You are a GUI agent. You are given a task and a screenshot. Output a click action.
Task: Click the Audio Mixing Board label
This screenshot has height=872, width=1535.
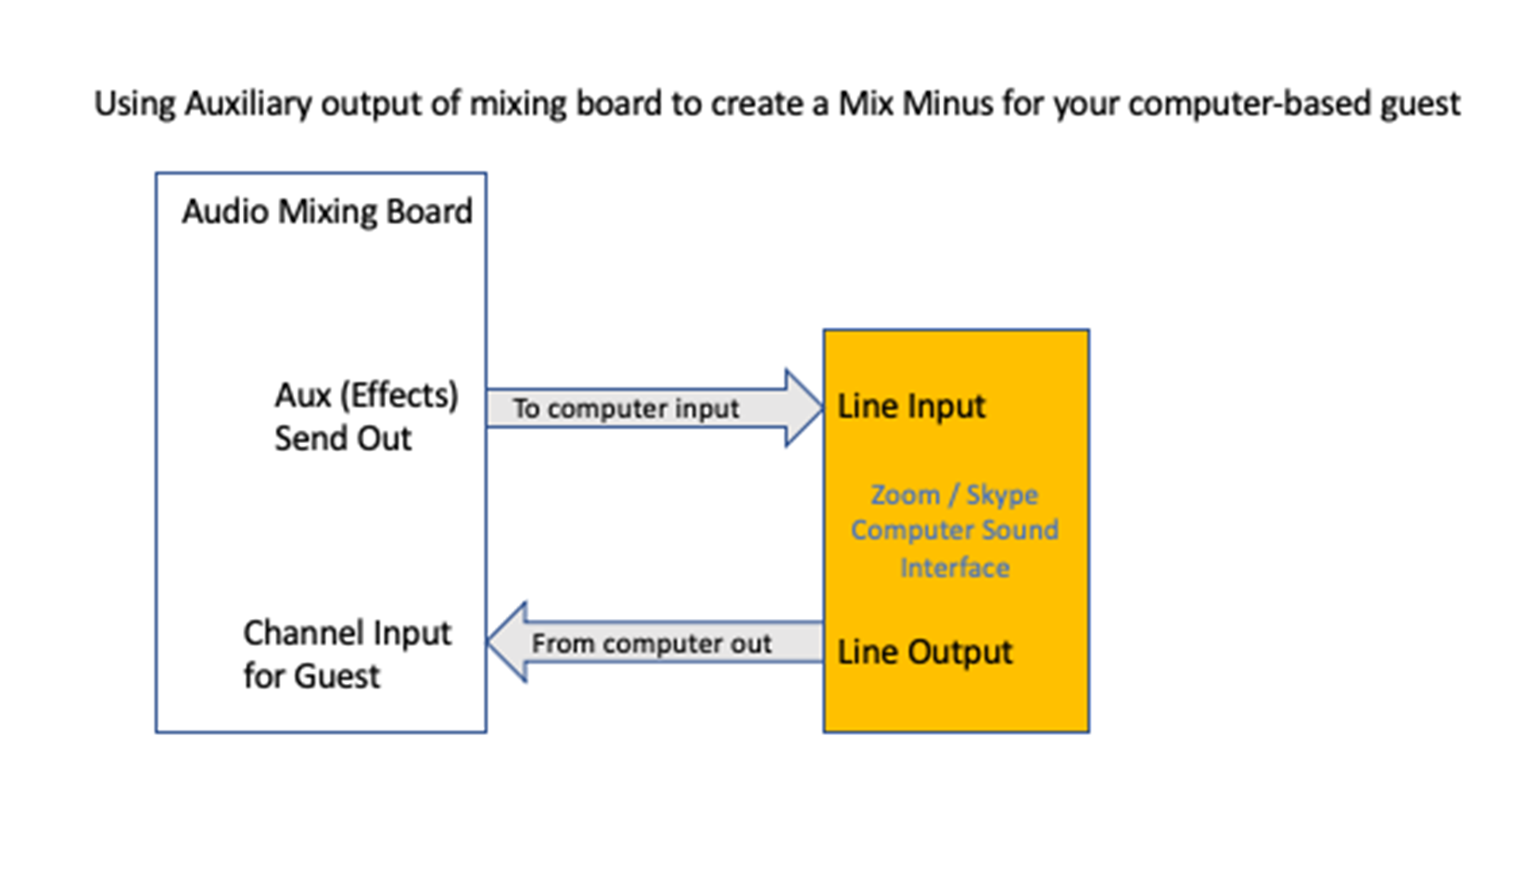coord(326,212)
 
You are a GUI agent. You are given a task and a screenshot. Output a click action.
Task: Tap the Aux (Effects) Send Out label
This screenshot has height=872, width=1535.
coord(365,416)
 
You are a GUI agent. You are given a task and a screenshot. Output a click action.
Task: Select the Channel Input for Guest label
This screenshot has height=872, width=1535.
coord(347,654)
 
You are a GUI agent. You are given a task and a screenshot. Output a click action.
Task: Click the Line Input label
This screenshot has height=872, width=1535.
coord(911,406)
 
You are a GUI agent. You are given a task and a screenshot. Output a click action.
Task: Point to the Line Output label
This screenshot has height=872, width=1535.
coord(924,651)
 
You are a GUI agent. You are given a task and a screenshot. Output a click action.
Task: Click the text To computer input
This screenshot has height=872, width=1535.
coord(626,409)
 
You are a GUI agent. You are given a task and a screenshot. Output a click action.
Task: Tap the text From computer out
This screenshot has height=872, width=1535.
coord(651,643)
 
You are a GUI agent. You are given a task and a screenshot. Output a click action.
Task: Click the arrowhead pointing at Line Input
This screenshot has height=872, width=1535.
coord(803,408)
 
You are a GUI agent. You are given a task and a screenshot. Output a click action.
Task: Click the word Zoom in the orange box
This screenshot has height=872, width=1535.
coord(905,495)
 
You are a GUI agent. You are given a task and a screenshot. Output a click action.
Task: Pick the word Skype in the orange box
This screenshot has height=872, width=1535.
coord(1002,495)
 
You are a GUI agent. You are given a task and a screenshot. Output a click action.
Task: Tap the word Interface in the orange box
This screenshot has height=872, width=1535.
coord(955,567)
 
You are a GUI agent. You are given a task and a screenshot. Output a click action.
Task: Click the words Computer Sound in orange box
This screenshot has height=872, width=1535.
coord(955,530)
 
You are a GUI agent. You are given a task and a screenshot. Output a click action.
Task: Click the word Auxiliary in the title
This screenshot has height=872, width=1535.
coord(248,103)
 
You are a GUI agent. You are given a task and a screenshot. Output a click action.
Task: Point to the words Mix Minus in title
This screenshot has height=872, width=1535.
coord(916,103)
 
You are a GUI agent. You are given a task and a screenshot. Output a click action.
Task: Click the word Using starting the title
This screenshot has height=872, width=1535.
coord(135,103)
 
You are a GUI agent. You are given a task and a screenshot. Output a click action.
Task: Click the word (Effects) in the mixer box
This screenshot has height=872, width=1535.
coord(399,396)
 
